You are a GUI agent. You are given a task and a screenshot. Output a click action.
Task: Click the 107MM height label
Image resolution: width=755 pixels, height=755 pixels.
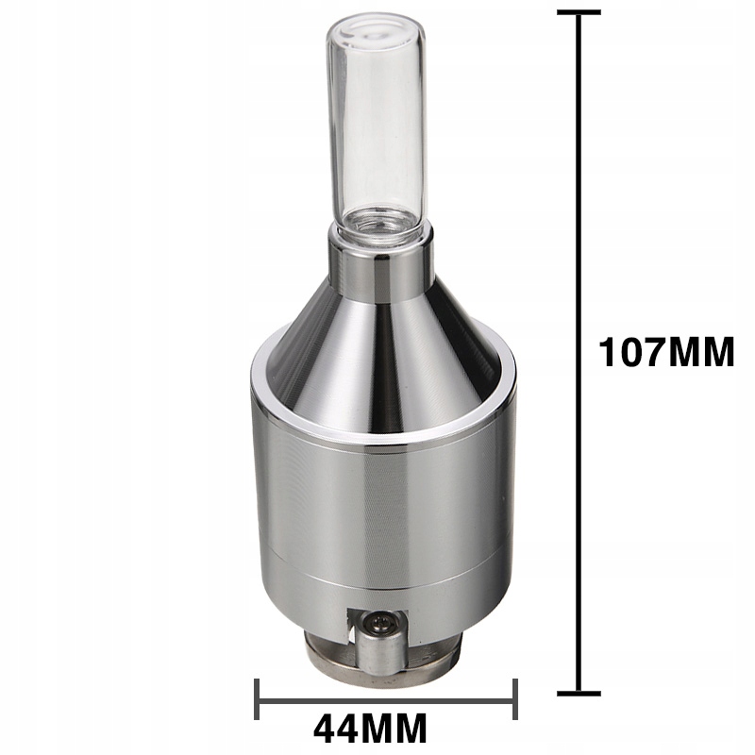tap(666, 352)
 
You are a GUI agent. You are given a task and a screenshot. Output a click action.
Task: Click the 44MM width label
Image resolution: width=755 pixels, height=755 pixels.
tap(370, 729)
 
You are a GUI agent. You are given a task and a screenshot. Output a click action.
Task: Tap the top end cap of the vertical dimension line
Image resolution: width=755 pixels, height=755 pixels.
tap(579, 12)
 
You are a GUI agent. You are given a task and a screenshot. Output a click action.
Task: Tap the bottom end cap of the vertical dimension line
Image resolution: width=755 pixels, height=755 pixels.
tap(579, 694)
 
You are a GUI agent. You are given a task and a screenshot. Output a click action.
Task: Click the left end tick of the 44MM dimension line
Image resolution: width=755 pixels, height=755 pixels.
tap(257, 699)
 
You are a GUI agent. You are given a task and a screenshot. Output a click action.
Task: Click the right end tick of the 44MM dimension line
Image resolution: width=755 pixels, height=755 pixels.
tap(515, 699)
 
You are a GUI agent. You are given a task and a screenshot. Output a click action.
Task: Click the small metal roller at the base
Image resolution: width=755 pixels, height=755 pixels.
tap(382, 654)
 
